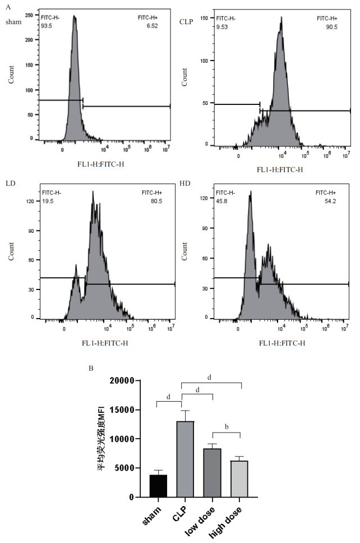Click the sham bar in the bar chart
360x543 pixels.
(x=159, y=485)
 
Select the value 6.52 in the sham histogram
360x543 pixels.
(x=159, y=25)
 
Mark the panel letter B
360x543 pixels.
(x=91, y=369)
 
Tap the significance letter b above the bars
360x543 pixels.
(x=226, y=427)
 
